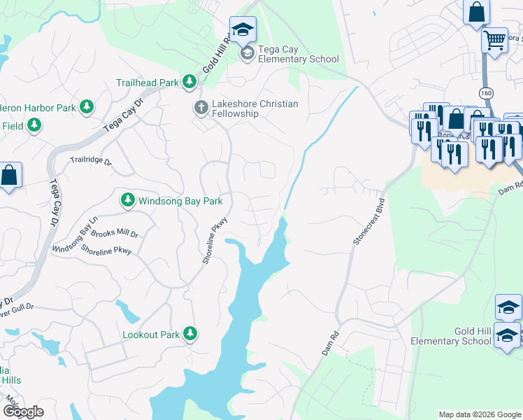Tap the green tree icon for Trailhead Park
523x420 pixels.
189,83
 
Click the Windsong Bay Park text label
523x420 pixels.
180,201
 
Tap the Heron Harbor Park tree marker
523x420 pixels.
86,108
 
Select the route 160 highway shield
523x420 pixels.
486,92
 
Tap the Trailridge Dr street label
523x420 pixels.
91,160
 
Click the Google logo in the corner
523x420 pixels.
23,412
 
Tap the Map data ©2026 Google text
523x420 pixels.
479,414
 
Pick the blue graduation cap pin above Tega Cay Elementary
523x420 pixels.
243,29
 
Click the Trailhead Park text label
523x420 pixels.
148,83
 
